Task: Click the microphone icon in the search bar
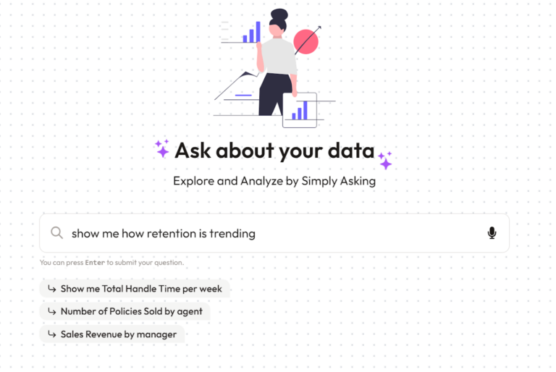(492, 233)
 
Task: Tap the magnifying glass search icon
(56, 233)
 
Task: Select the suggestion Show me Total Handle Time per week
(135, 289)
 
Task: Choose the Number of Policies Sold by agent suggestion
(125, 311)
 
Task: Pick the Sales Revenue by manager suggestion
(112, 334)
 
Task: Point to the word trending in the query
(232, 233)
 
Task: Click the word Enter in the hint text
(95, 263)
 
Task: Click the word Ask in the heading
(193, 151)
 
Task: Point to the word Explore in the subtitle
(193, 181)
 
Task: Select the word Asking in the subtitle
(354, 181)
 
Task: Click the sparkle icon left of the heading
(162, 148)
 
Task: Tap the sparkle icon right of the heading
(384, 160)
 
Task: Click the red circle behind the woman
(307, 42)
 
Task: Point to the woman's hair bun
(279, 14)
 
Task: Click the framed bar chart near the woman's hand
(299, 110)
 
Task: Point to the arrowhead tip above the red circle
(320, 28)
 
